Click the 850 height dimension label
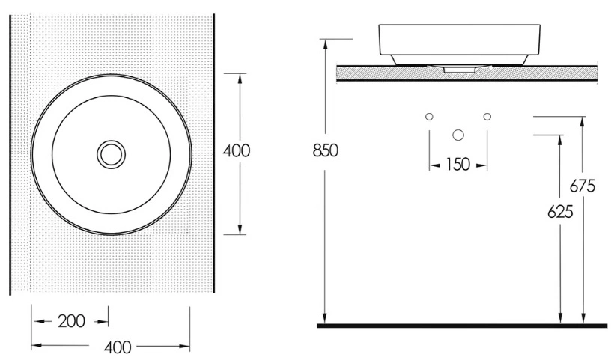(326, 150)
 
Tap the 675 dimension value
(583, 186)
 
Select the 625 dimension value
(560, 212)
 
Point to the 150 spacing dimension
(458, 165)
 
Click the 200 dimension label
(72, 321)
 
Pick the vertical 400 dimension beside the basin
(237, 150)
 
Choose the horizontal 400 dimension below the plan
(118, 347)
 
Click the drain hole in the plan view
(112, 155)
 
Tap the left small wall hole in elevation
(429, 117)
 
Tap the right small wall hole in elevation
(487, 117)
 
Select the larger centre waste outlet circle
(458, 135)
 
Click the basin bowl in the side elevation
(460, 44)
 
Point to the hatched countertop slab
(466, 73)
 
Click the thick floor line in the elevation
(462, 326)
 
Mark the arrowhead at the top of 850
(325, 44)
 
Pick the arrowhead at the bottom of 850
(325, 319)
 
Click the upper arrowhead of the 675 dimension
(583, 121)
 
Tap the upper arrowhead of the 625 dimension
(560, 140)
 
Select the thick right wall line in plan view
(214, 153)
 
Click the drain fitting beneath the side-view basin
(458, 69)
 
